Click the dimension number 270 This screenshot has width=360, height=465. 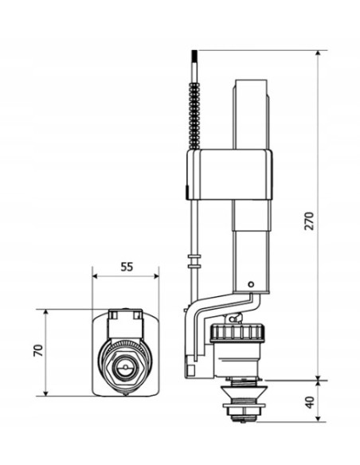pos(309,221)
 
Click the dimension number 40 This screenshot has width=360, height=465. pos(309,402)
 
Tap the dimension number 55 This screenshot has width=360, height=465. pos(127,267)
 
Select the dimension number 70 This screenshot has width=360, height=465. pos(38,350)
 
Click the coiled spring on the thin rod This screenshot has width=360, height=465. pos(194,115)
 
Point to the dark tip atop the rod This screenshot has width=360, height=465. pos(194,56)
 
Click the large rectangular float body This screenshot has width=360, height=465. pos(229,174)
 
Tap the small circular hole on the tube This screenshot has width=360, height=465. pos(251,284)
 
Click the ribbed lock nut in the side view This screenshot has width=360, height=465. pos(236,334)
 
